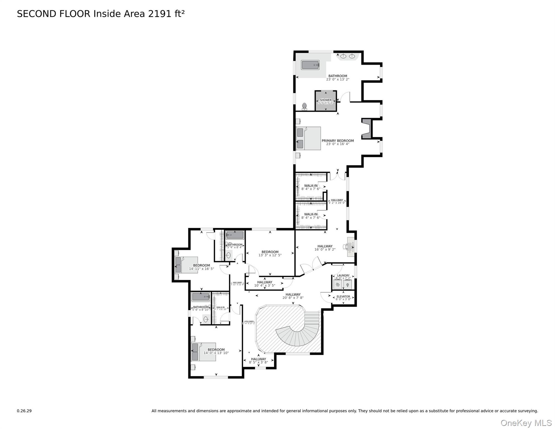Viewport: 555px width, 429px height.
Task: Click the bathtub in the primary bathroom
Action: coord(310,65)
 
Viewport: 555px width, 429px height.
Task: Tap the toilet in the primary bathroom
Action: coord(304,106)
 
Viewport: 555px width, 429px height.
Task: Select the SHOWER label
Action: coord(326,100)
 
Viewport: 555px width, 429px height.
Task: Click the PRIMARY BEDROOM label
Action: coord(338,141)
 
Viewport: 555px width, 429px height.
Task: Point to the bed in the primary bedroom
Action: coord(308,139)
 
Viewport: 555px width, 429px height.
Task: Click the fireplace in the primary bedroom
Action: coord(367,128)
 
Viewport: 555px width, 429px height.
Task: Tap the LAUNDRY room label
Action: coord(343,276)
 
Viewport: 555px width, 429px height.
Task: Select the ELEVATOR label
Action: coord(343,297)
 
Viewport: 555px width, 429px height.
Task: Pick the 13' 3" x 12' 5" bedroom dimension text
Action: coord(270,255)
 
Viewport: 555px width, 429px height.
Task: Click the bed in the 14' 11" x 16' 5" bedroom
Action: coord(186,265)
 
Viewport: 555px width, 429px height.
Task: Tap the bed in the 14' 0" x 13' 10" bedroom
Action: coord(204,352)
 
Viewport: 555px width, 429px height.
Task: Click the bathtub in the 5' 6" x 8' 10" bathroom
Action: coord(201,297)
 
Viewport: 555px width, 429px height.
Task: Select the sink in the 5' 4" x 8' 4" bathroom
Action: coord(229,255)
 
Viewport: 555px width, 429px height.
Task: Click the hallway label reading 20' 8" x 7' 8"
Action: coord(293,298)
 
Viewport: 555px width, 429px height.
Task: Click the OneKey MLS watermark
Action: coord(526,423)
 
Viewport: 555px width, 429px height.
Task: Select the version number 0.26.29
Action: coord(24,411)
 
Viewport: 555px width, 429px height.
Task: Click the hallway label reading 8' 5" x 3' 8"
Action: coord(258,363)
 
